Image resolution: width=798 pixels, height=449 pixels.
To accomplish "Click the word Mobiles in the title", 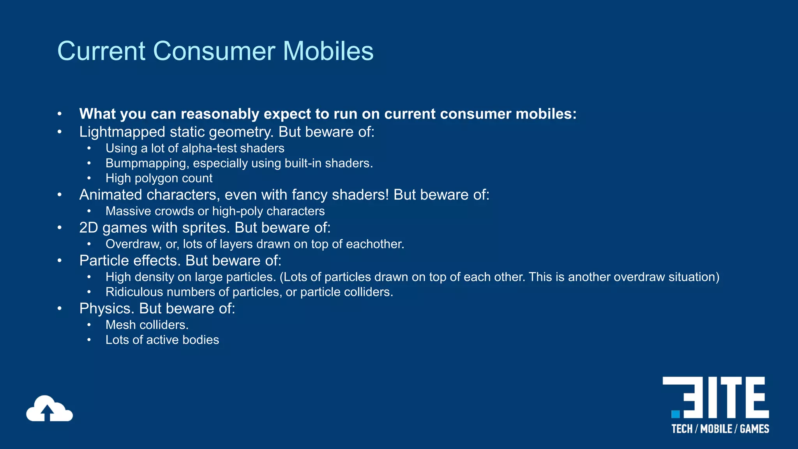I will (328, 51).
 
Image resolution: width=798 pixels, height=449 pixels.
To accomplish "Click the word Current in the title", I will (101, 51).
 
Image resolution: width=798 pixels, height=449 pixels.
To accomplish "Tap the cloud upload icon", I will (49, 409).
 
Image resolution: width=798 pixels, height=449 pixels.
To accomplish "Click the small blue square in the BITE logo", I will (675, 414).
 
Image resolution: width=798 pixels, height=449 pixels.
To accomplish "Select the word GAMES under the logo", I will (754, 429).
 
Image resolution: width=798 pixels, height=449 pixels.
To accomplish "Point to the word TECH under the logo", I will (682, 429).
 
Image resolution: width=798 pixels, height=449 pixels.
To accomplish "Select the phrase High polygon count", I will (159, 179).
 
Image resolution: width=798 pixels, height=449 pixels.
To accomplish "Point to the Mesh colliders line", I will (147, 325).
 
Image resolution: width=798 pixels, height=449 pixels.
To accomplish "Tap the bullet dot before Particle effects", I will (60, 261).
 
